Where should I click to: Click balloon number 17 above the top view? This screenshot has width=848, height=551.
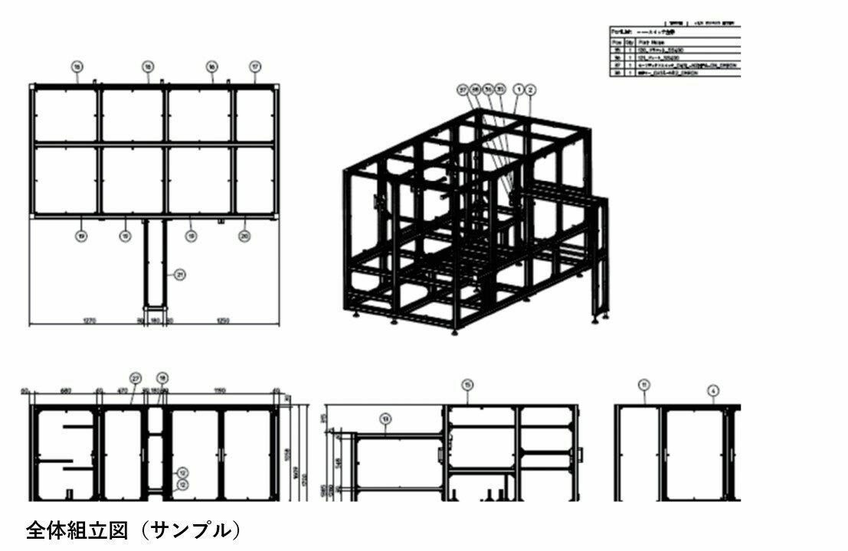pos(255,67)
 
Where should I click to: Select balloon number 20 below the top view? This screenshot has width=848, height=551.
pos(244,236)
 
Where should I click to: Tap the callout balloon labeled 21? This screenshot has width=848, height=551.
pos(179,274)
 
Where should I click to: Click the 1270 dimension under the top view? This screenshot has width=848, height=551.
pos(88,321)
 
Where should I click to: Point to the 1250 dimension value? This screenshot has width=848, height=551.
pos(224,321)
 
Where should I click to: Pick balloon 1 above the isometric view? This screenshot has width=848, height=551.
pos(519,90)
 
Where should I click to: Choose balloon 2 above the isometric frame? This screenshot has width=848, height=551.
pos(531,90)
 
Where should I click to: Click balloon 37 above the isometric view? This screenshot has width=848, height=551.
pos(463,90)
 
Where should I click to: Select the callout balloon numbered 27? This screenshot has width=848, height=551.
pos(136,378)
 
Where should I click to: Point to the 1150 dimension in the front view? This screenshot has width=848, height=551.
pos(220,391)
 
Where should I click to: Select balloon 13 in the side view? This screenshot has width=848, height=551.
pos(385,418)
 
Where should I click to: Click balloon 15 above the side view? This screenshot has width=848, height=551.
pos(468,384)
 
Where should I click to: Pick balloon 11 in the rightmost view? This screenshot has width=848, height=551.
pos(644,384)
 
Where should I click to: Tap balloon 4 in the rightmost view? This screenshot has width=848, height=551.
pos(713,390)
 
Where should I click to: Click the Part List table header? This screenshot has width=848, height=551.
pos(674,31)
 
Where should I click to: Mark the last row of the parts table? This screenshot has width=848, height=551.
pos(674,73)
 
